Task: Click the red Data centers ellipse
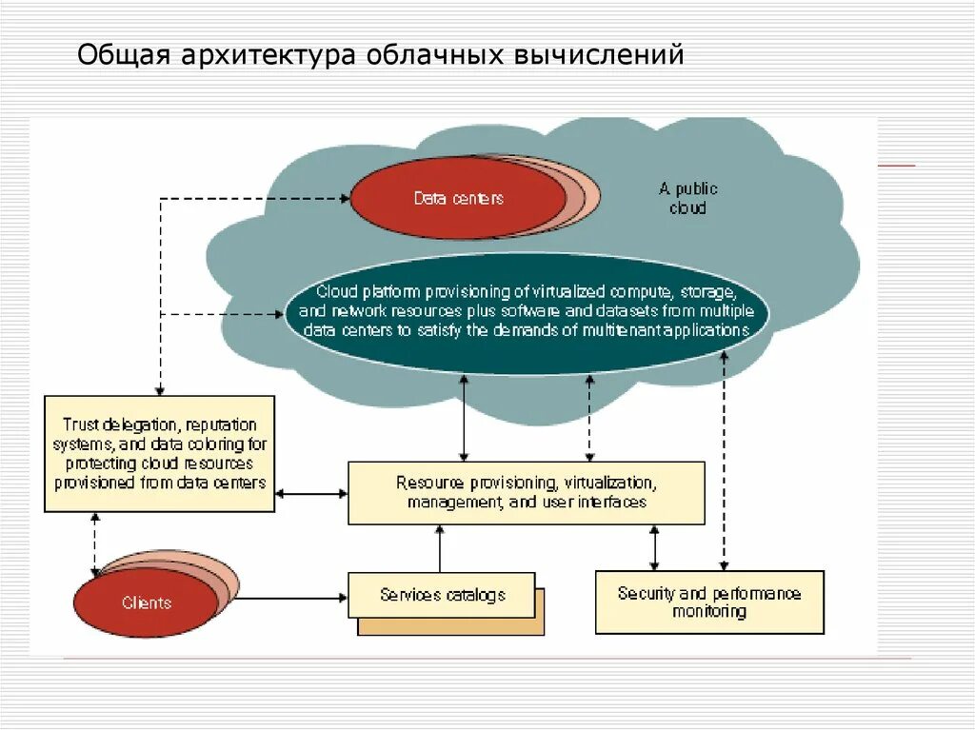pos(457,199)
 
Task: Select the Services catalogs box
pos(442,596)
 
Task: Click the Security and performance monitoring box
pos(709,602)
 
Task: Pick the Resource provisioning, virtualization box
pos(527,493)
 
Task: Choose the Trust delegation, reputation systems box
pos(160,454)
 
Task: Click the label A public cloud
pos(687,198)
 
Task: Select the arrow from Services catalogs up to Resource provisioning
pos(440,549)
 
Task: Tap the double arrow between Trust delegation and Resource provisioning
pos(311,493)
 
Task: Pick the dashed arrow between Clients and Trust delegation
pos(94,543)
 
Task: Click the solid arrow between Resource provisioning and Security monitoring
pos(654,547)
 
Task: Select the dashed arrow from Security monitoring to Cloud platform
pos(725,457)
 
